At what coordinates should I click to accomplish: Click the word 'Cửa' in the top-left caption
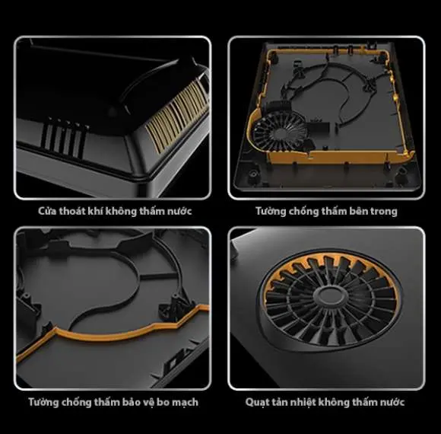tap(47, 211)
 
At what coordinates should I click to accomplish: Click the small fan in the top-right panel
tap(279, 131)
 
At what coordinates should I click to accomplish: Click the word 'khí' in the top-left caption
tap(95, 211)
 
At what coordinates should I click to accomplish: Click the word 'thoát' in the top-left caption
tap(72, 211)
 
